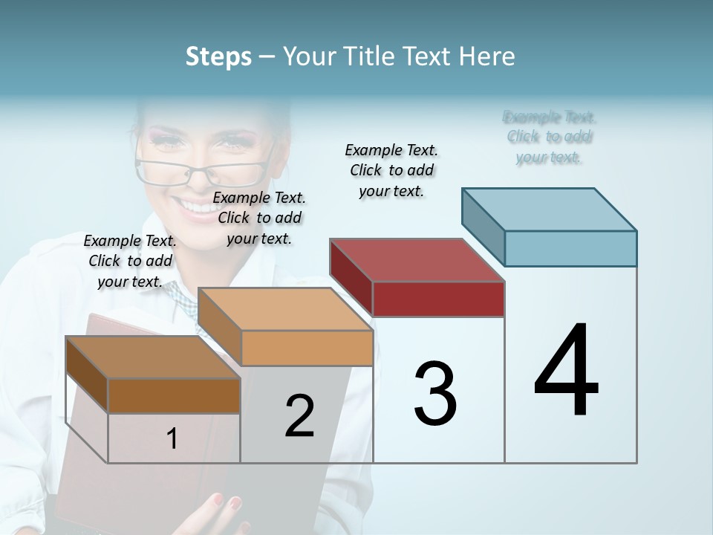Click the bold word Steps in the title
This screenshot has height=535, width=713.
pyautogui.click(x=218, y=56)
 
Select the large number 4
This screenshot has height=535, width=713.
pyautogui.click(x=566, y=372)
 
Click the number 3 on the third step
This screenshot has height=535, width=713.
pyautogui.click(x=434, y=394)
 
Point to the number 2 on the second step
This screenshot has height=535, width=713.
pyautogui.click(x=299, y=416)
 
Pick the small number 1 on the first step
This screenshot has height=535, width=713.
pyautogui.click(x=172, y=438)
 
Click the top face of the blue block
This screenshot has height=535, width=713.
pyautogui.click(x=550, y=210)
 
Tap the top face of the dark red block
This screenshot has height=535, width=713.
pyautogui.click(x=417, y=260)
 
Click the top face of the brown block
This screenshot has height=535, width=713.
pyautogui.click(x=153, y=357)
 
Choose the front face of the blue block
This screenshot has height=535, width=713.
pyautogui.click(x=570, y=248)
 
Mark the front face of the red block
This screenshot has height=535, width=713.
pyautogui.click(x=438, y=299)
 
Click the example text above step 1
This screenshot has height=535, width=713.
pyautogui.click(x=130, y=262)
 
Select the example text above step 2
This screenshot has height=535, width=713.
pyautogui.click(x=259, y=218)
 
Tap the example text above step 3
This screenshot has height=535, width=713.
pyautogui.click(x=391, y=170)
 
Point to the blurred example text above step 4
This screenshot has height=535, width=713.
pyautogui.click(x=550, y=137)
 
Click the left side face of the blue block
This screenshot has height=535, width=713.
pyautogui.click(x=483, y=227)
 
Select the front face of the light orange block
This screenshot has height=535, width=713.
pyautogui.click(x=307, y=348)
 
